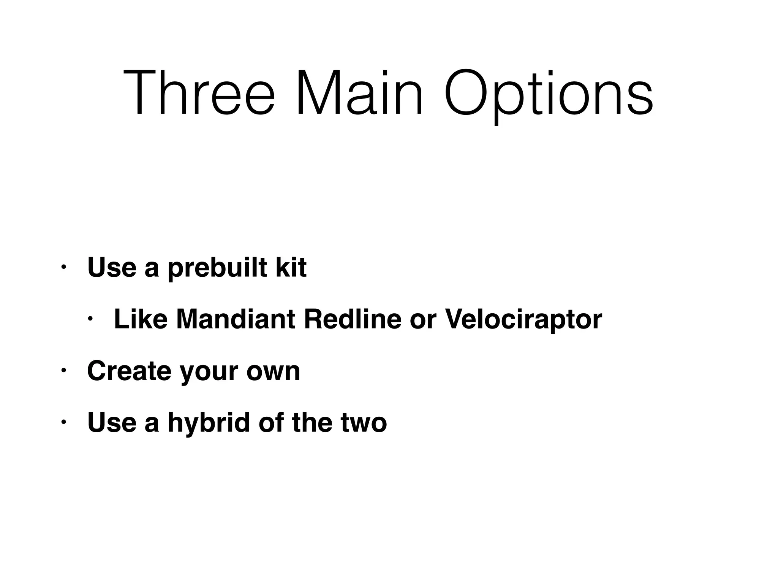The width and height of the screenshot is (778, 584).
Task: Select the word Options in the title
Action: [x=549, y=95]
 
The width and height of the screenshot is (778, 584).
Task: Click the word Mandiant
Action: [x=236, y=319]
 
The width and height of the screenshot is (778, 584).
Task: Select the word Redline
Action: [x=352, y=319]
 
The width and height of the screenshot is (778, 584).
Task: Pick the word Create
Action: [x=129, y=371]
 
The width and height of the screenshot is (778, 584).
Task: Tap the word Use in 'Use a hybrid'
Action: [x=112, y=422]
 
